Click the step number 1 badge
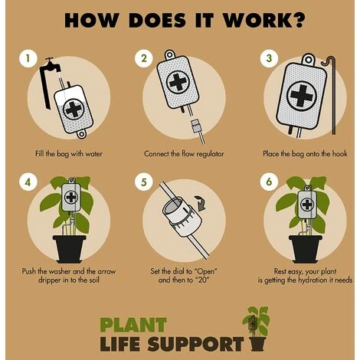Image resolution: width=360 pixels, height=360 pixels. point(28,58)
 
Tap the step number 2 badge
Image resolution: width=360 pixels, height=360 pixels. point(144,58)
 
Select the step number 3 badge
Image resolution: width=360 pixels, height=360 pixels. point(269,58)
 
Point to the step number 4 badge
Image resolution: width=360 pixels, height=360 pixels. point(28,182)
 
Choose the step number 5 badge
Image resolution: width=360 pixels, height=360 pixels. point(144,182)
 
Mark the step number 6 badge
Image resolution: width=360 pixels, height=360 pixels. point(269,182)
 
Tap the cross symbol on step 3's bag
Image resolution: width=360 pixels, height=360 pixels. point(302,96)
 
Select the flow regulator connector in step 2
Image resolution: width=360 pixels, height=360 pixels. point(198,126)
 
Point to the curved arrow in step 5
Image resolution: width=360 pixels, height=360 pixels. point(201,203)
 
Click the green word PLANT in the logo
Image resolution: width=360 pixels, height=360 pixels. point(133,325)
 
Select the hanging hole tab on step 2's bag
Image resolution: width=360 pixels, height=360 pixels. point(169,54)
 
